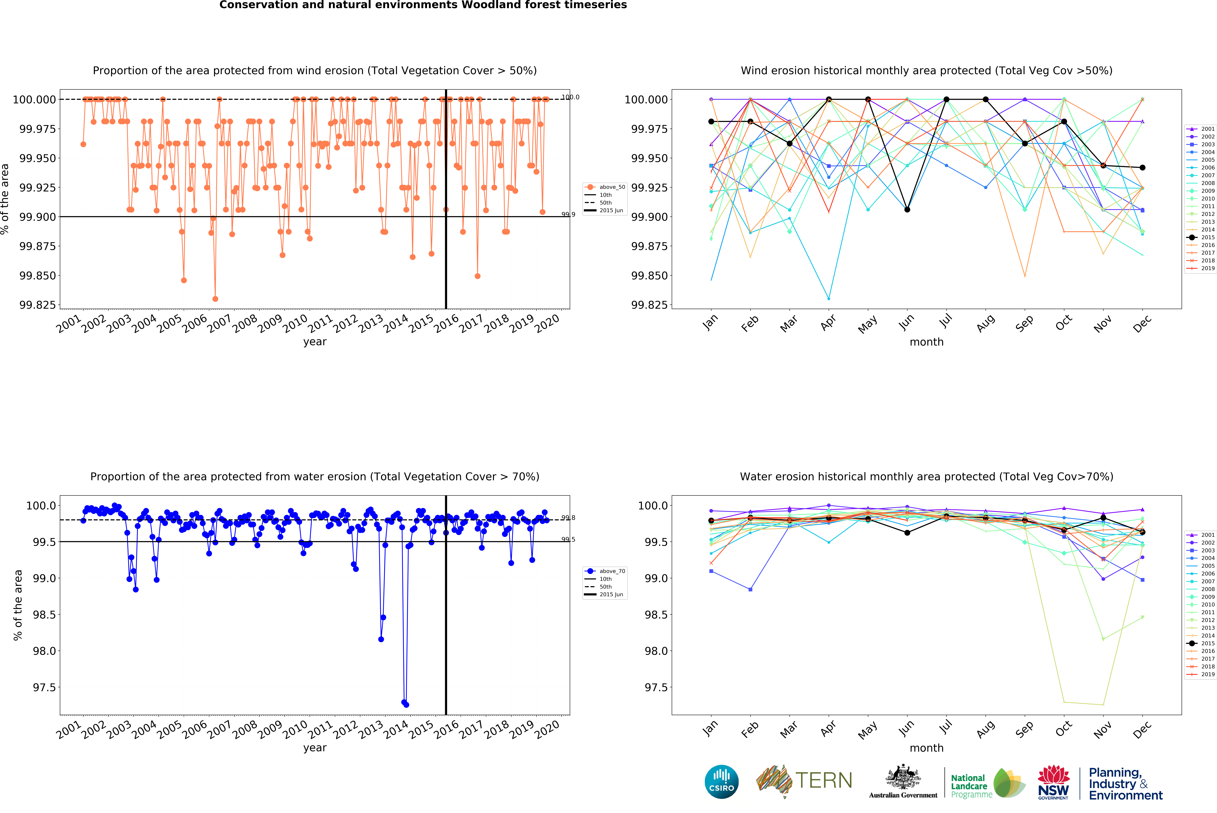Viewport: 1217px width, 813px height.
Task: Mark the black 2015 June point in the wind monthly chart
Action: point(907,210)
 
